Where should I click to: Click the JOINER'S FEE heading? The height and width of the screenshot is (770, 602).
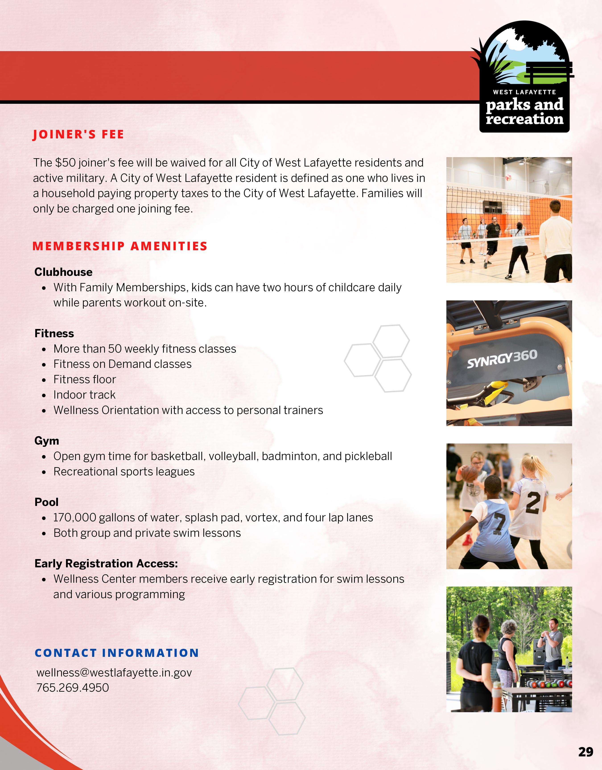[78, 134]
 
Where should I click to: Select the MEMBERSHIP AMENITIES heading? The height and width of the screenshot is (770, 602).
[120, 246]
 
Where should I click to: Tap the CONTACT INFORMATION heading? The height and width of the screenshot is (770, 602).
[117, 653]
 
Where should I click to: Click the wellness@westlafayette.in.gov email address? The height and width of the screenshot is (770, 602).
[114, 673]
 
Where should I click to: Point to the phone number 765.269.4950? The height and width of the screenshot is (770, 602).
[73, 688]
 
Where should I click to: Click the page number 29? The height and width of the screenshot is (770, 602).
[586, 752]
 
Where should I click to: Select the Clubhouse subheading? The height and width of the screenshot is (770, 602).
[64, 272]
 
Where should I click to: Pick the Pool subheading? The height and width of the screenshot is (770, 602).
[47, 502]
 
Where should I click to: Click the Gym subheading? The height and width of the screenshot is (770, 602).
[47, 441]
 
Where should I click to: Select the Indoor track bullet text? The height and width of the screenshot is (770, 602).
[85, 395]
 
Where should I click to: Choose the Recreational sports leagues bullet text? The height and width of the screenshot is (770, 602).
[124, 472]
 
